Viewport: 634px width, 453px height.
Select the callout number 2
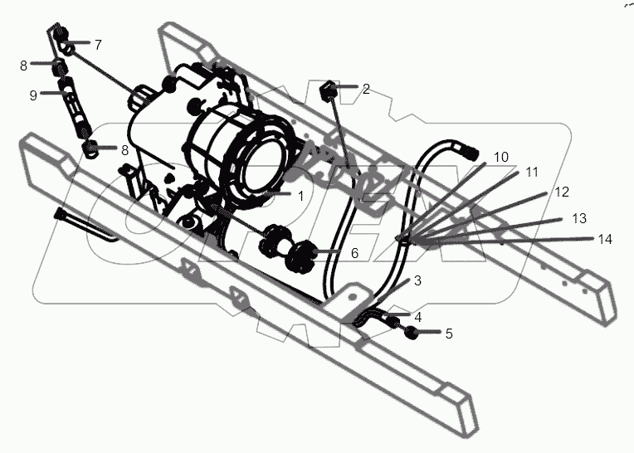pos(365,89)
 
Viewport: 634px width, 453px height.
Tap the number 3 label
pos(417,280)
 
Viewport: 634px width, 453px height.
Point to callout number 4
pos(417,316)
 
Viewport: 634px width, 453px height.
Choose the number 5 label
pos(448,334)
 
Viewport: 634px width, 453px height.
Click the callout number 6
pos(354,253)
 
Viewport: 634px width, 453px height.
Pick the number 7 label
pos(97,44)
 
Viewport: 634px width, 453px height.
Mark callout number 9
pos(33,95)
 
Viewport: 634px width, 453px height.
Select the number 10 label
pos(500,156)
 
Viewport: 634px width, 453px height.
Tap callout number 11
pos(531,173)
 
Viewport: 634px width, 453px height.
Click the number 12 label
pos(562,192)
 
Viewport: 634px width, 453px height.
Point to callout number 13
pos(578,218)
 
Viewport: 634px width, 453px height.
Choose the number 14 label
pos(604,239)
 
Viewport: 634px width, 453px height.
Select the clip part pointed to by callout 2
pos(328,87)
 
